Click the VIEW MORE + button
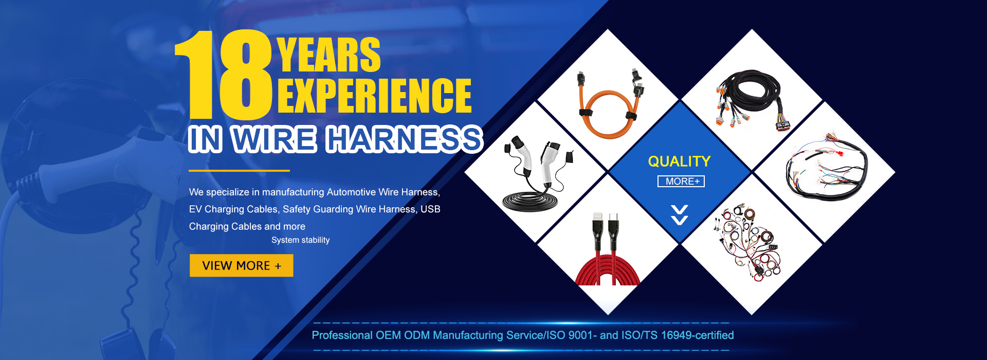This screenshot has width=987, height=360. (x=241, y=265)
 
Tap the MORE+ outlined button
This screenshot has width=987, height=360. (x=681, y=181)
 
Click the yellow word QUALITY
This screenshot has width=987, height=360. (x=679, y=161)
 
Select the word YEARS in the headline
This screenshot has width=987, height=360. (x=329, y=55)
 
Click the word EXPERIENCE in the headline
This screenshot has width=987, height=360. (x=375, y=96)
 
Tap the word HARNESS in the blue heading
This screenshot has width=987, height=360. (x=405, y=139)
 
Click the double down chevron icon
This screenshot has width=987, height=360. (x=679, y=215)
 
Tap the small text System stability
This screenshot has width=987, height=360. (x=300, y=240)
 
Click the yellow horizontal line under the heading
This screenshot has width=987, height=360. (x=239, y=170)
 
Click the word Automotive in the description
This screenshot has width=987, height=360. (x=351, y=192)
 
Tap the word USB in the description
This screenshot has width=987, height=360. (x=430, y=209)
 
